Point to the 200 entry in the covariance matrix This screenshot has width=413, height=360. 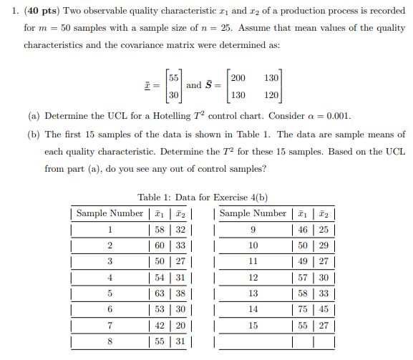pyautogui.click(x=239, y=77)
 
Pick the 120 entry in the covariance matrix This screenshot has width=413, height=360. pyautogui.click(x=271, y=94)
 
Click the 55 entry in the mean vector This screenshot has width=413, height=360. pyautogui.click(x=173, y=77)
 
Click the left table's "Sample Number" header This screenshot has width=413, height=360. pyautogui.click(x=110, y=213)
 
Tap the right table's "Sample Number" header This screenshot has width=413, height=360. pyautogui.click(x=253, y=213)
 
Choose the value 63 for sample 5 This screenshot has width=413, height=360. pyautogui.click(x=159, y=292)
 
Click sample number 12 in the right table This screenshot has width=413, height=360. pyautogui.click(x=253, y=277)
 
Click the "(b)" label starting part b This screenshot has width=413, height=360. pyautogui.click(x=34, y=135)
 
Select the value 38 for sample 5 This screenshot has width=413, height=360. pyautogui.click(x=179, y=292)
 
